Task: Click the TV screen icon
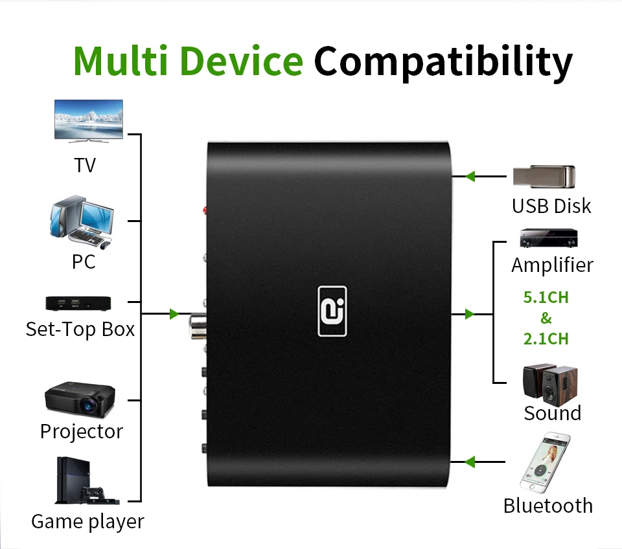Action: (89, 120)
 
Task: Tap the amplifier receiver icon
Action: (548, 238)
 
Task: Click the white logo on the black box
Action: (332, 311)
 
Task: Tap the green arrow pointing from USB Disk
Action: (470, 175)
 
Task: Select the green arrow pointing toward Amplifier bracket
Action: (470, 314)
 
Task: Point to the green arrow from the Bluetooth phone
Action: (470, 462)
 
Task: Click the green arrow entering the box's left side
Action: (174, 314)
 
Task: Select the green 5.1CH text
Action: (546, 298)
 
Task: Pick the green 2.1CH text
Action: (546, 339)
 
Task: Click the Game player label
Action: (87, 521)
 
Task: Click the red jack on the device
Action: (205, 210)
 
